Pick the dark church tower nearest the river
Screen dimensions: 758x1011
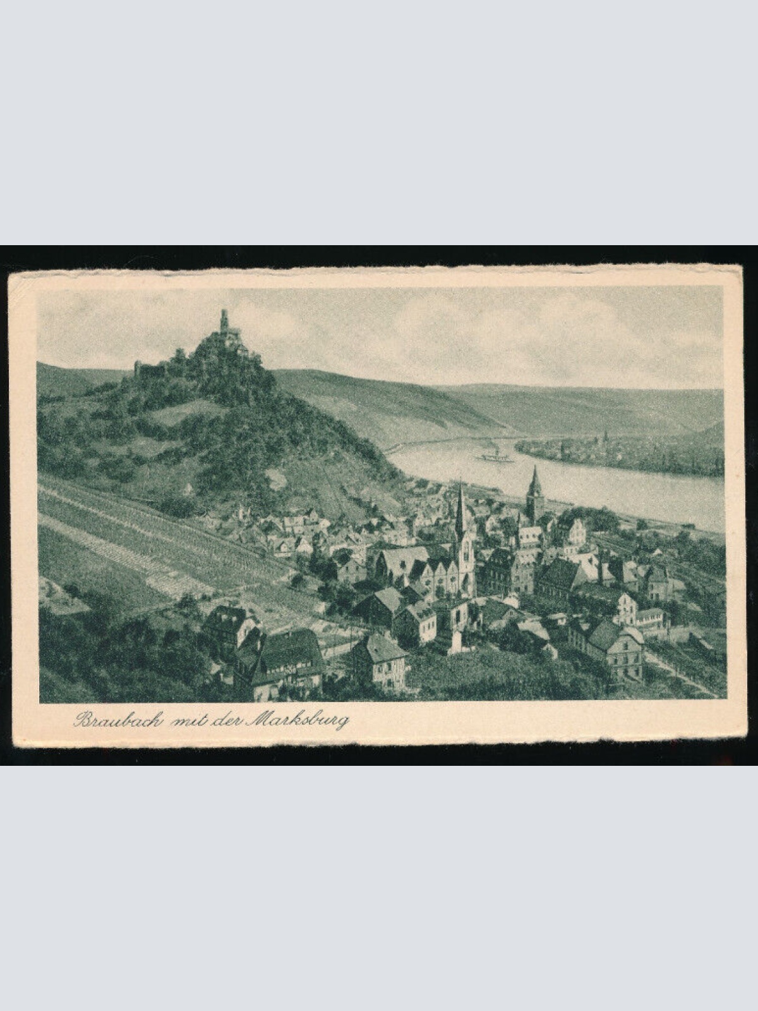pos(534,493)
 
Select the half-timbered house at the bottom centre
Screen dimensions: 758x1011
pos(380,660)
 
